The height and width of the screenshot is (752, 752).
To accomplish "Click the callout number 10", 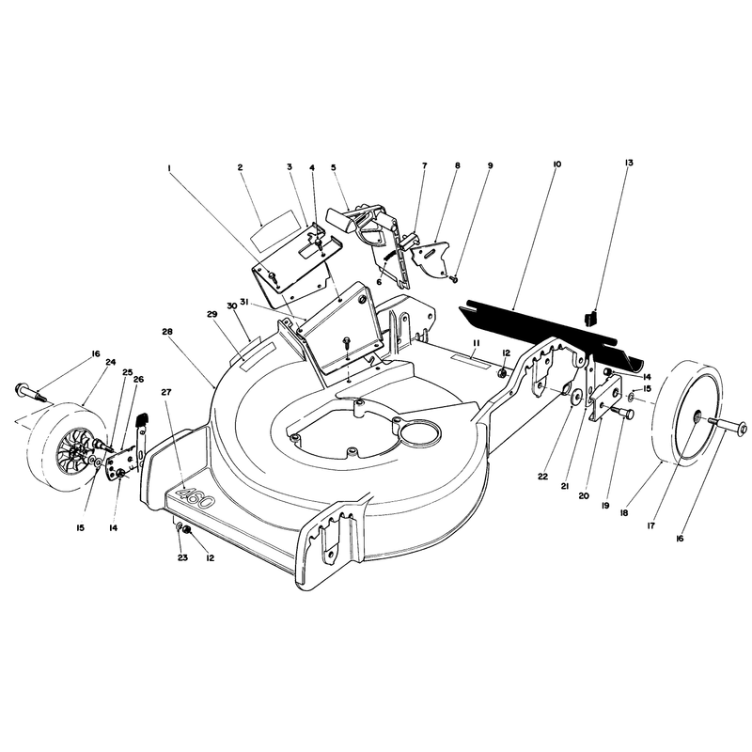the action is coord(556,164).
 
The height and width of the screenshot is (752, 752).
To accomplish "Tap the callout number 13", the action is coord(629,163).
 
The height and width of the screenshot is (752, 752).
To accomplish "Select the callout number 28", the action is coord(167,332).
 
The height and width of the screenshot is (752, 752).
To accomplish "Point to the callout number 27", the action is coord(166,391).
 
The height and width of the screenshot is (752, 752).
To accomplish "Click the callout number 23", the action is coord(182,557).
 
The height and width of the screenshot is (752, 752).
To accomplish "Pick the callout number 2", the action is coord(240,167).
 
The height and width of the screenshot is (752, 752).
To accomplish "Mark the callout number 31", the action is coord(244,302).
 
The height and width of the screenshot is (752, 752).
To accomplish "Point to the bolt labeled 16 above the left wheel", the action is coord(29,392).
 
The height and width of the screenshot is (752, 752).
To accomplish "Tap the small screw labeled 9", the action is coord(454,278).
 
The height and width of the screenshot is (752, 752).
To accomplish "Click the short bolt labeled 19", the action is coord(622,411).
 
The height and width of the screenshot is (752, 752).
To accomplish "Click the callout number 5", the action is coord(334,167).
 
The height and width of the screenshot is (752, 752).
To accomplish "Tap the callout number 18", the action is coord(623,512).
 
